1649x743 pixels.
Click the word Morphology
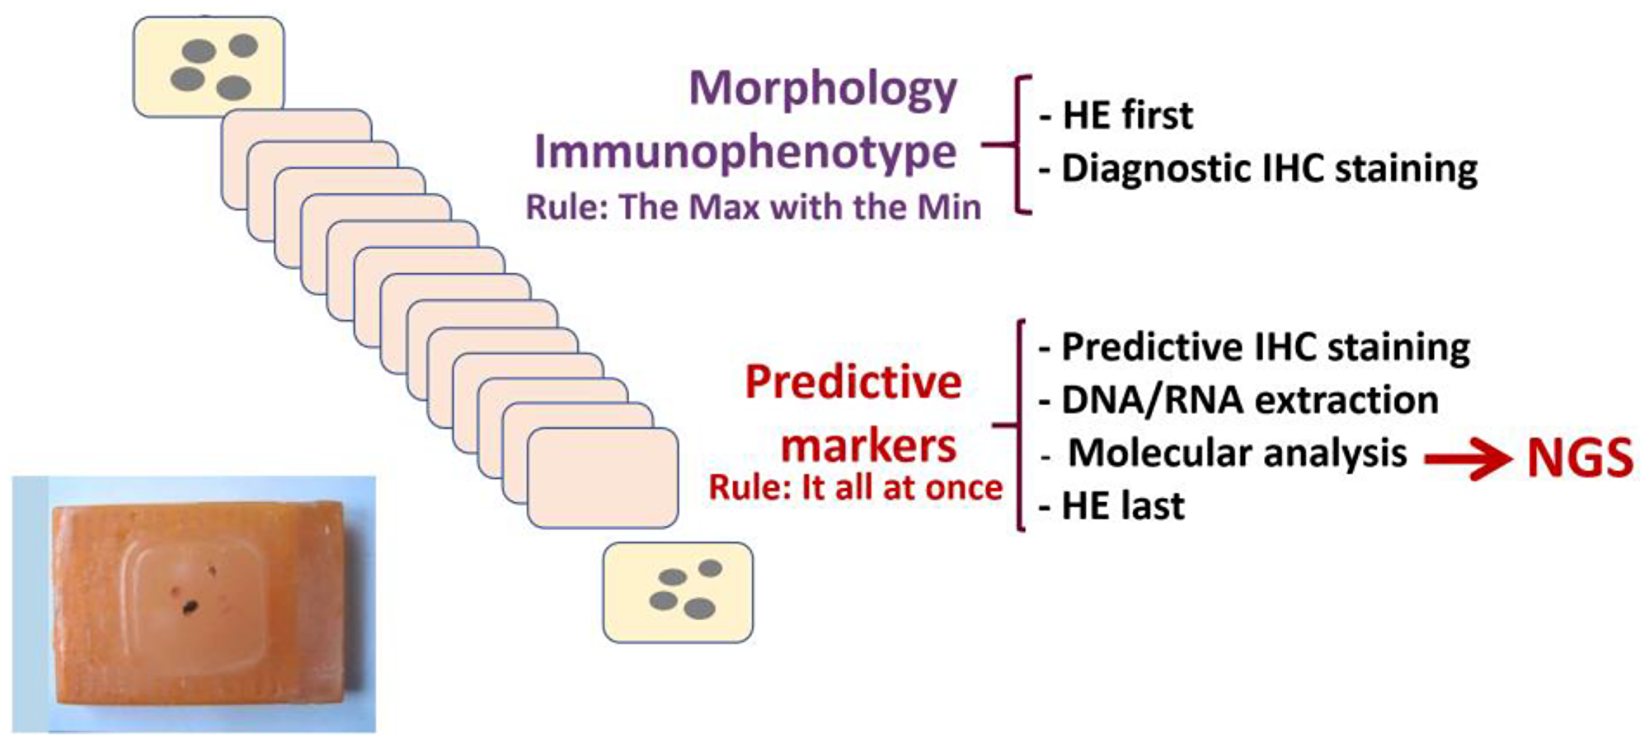point(823,88)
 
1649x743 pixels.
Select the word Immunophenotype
point(745,152)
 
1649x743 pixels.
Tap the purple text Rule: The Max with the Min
point(754,207)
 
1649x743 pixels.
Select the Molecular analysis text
point(1237,454)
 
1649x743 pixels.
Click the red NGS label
point(1579,458)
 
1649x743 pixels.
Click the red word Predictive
point(853,383)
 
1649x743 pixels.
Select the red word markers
point(868,446)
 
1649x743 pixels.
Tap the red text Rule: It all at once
point(856,488)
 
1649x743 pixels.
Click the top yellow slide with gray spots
point(209,66)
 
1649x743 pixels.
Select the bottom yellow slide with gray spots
point(678,592)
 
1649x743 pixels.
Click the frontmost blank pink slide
point(603,478)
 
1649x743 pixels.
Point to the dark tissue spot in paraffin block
point(190,608)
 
